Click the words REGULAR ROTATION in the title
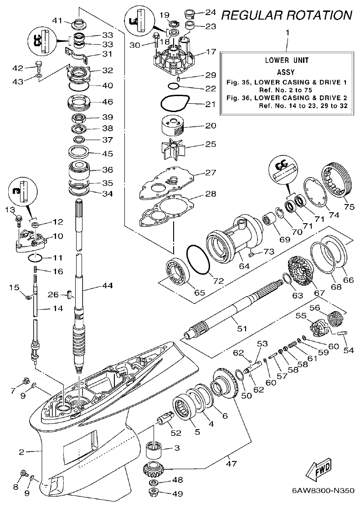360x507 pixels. pos(286,15)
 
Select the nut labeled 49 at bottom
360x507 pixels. pos(154,492)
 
